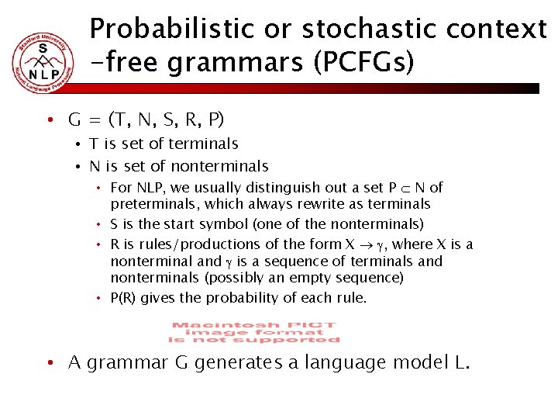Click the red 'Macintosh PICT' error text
coord(253,332)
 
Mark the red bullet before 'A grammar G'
coord(49,362)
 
